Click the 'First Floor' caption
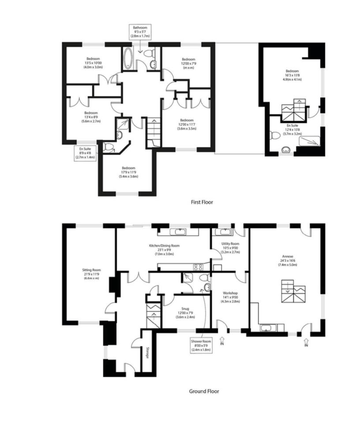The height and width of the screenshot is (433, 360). [202, 202]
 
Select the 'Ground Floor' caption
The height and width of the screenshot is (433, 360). [204, 391]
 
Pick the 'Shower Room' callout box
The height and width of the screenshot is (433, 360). [201, 344]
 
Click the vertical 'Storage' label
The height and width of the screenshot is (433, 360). [147, 353]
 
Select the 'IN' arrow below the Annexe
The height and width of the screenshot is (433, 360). [305, 342]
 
